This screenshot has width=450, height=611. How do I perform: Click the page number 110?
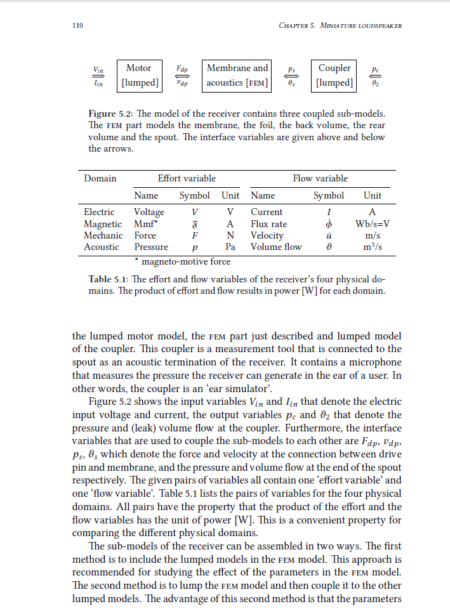pyautogui.click(x=79, y=26)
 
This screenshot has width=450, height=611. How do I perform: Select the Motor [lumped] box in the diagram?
pyautogui.click(x=139, y=75)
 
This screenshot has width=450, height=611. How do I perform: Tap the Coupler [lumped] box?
pyautogui.click(x=334, y=75)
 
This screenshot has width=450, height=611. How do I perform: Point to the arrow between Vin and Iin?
pyautogui.click(x=98, y=75)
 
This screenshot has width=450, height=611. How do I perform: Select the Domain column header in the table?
pyautogui.click(x=100, y=178)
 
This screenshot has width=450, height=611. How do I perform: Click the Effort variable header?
pyautogui.click(x=187, y=178)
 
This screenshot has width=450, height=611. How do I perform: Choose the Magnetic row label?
pyautogui.click(x=103, y=224)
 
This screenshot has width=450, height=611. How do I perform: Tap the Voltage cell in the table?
pyautogui.click(x=149, y=212)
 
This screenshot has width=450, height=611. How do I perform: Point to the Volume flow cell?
pyautogui.click(x=276, y=247)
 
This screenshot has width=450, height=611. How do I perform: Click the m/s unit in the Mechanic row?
pyautogui.click(x=373, y=235)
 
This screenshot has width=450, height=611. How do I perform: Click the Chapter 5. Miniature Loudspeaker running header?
pyautogui.click(x=340, y=26)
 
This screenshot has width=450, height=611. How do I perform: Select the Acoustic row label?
pyautogui.click(x=102, y=247)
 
